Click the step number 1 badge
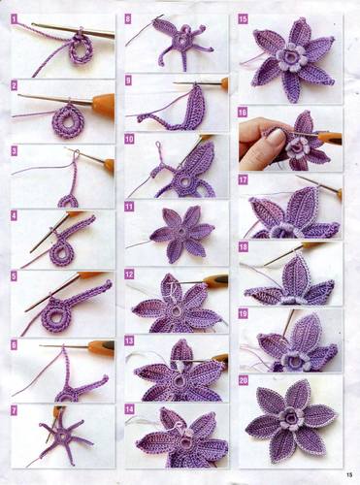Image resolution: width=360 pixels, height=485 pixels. (x=14, y=19)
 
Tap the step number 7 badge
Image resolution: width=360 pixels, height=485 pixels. (x=14, y=411)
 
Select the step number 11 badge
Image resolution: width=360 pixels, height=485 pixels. (x=129, y=207)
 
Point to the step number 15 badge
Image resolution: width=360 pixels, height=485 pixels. (x=243, y=19)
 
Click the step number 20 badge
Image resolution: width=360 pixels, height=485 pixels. (x=244, y=380)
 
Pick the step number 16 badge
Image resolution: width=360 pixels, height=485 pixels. (x=243, y=113)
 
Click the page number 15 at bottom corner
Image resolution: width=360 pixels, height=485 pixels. (x=349, y=475)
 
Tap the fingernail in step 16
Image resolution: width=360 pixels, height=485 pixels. (x=276, y=137)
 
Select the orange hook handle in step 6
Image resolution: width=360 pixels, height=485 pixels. (x=101, y=348)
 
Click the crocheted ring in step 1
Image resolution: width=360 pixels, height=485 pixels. (x=82, y=49)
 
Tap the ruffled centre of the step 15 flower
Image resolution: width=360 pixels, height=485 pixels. (x=289, y=57)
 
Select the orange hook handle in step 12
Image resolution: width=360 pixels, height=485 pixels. (x=216, y=281)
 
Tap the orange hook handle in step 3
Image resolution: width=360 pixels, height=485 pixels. (x=110, y=164)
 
